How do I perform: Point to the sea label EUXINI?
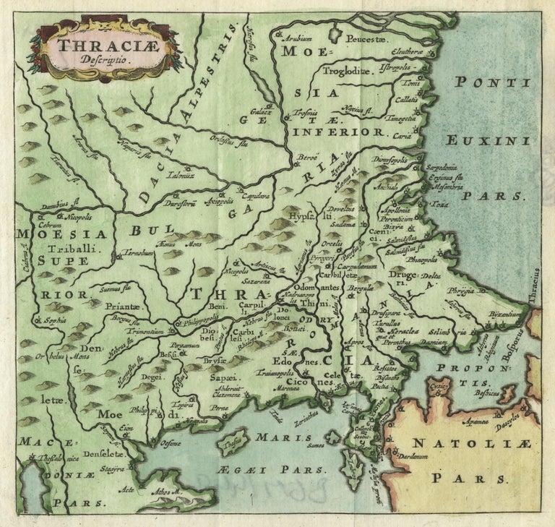pos(480,140)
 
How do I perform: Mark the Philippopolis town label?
pos(200,318)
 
